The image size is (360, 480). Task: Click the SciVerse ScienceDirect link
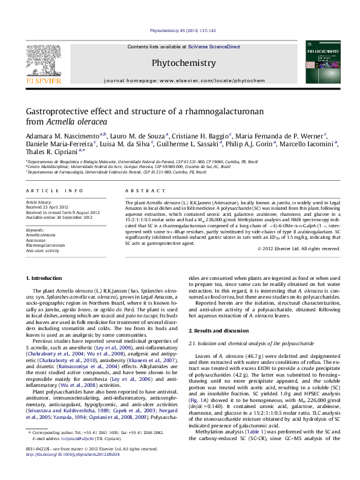coord(214,47)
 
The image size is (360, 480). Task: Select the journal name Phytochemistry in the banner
coord(180,62)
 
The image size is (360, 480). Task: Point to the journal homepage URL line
coord(184,80)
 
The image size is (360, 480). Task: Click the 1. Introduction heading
coord(45,277)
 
